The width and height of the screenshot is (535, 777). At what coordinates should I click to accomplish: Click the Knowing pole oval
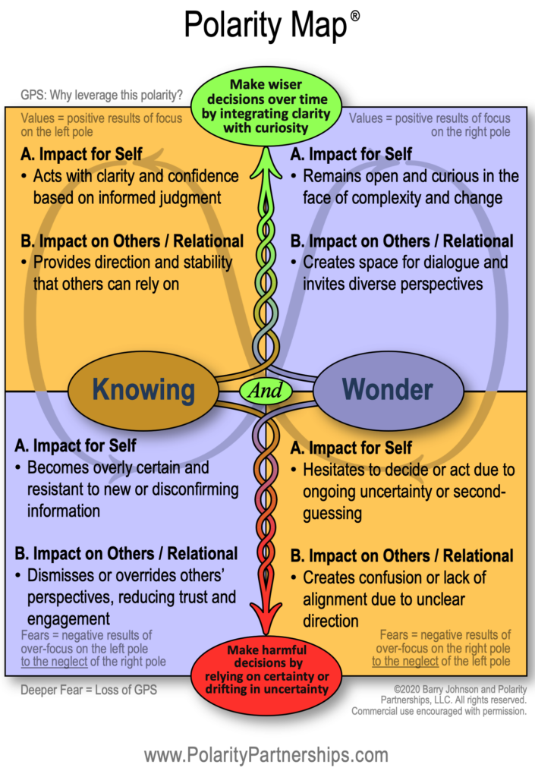coord(143,390)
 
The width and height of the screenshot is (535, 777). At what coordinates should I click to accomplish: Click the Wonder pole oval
coord(388,390)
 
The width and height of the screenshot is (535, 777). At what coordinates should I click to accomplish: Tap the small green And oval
coord(266,391)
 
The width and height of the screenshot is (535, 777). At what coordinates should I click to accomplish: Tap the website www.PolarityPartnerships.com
coord(266,755)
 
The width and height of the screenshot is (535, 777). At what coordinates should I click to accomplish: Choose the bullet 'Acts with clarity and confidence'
coord(129,187)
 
